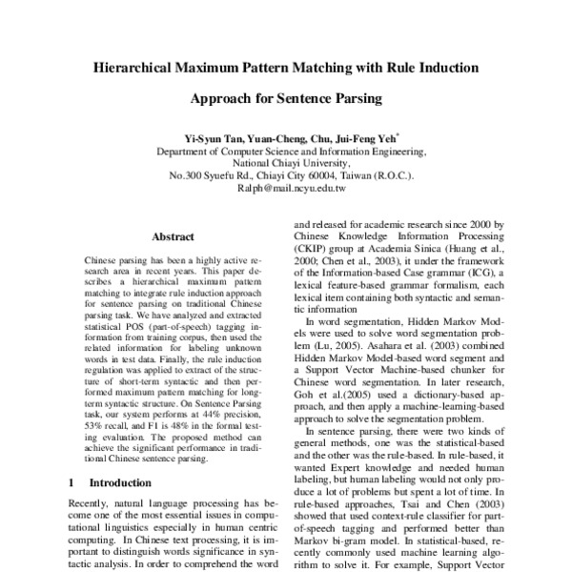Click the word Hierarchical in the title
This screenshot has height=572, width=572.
141,68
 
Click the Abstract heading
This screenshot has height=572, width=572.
173,236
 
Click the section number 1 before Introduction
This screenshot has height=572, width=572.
73,483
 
